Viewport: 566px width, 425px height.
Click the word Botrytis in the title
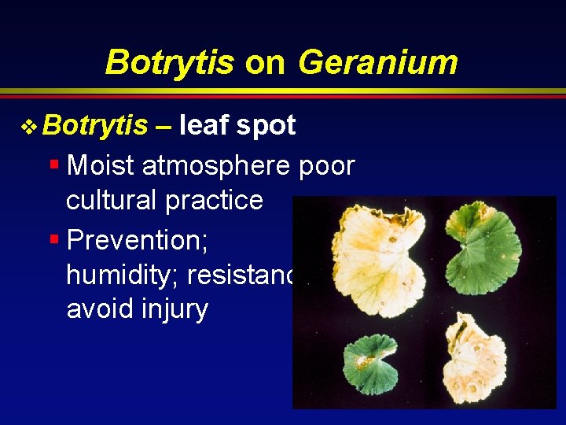[169, 62]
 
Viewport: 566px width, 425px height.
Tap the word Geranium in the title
[377, 62]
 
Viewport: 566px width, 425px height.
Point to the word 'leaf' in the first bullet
[205, 125]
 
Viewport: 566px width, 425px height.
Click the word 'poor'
[326, 168]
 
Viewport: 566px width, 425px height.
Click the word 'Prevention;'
[137, 238]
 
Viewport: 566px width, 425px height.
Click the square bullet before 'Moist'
[53, 164]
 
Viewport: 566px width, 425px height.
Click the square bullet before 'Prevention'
[53, 236]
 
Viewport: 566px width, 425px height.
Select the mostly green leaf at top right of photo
[484, 243]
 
